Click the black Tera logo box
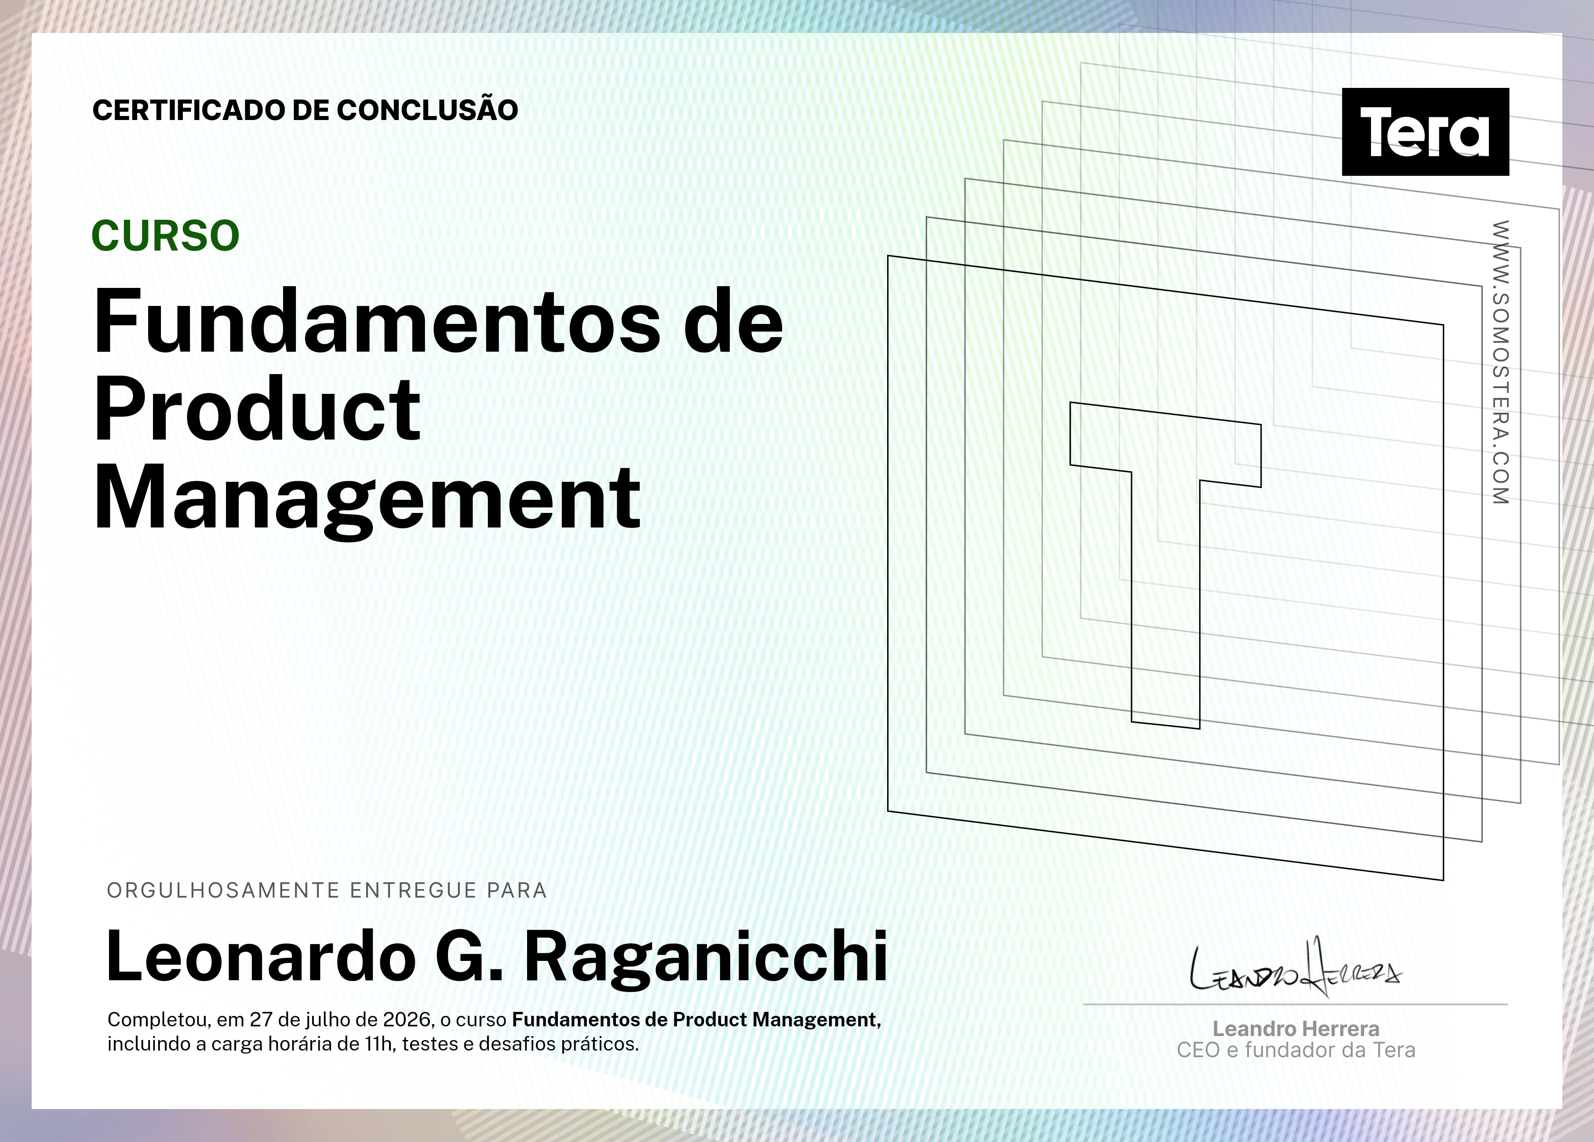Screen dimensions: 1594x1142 pos(1425,131)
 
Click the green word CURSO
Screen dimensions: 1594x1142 pos(166,236)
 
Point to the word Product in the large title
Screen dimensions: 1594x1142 pos(257,408)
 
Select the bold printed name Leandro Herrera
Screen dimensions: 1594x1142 pos(1296,1029)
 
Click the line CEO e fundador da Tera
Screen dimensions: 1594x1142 pos(1296,1050)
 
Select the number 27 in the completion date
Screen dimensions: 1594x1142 pos(261,1020)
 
